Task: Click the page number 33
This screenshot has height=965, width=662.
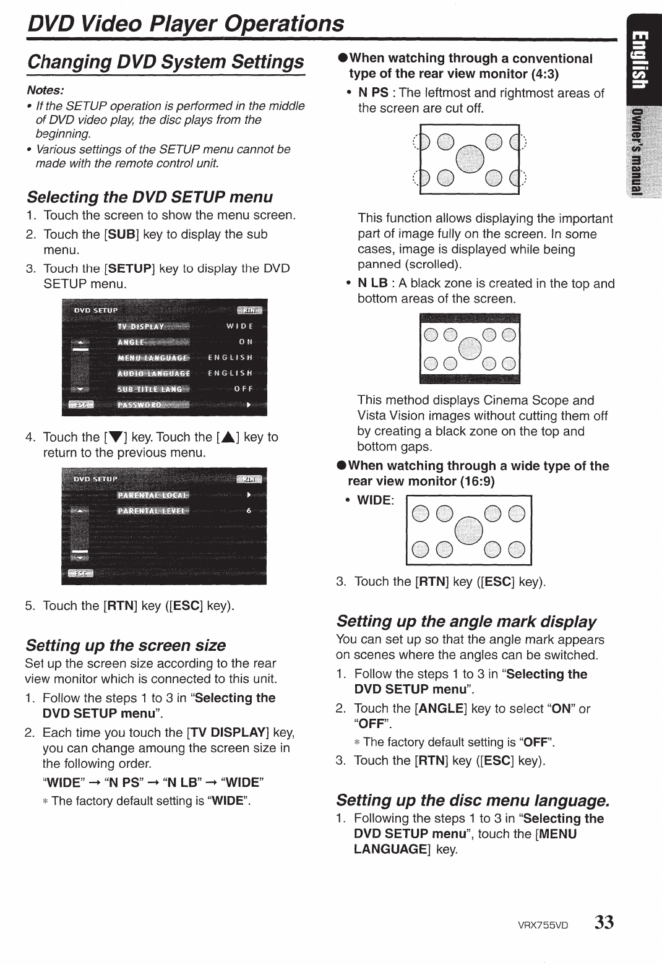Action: [x=604, y=922]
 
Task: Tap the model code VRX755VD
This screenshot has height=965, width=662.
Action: [x=543, y=925]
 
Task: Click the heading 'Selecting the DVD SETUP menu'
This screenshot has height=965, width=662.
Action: [x=149, y=197]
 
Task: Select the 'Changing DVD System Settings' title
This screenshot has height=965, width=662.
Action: [x=166, y=62]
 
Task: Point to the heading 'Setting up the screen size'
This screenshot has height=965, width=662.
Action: [x=126, y=645]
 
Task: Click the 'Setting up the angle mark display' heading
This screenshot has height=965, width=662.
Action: [x=466, y=621]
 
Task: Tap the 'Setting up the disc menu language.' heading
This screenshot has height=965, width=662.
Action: [x=473, y=800]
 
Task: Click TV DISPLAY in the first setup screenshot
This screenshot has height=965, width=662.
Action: [x=141, y=326]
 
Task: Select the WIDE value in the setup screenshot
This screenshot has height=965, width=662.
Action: [x=240, y=326]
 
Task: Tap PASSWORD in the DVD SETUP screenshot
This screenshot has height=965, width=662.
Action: [x=139, y=405]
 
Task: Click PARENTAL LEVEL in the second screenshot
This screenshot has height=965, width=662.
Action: [x=153, y=510]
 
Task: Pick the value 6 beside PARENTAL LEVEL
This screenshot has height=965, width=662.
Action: [x=249, y=510]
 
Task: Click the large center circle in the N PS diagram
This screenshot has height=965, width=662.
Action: [x=469, y=161]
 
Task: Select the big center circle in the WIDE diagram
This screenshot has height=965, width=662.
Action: [x=469, y=531]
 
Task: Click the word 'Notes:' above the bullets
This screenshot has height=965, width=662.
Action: [x=45, y=90]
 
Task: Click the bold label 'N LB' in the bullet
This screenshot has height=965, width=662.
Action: [x=372, y=283]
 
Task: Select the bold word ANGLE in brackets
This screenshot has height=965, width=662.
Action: [x=442, y=708]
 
